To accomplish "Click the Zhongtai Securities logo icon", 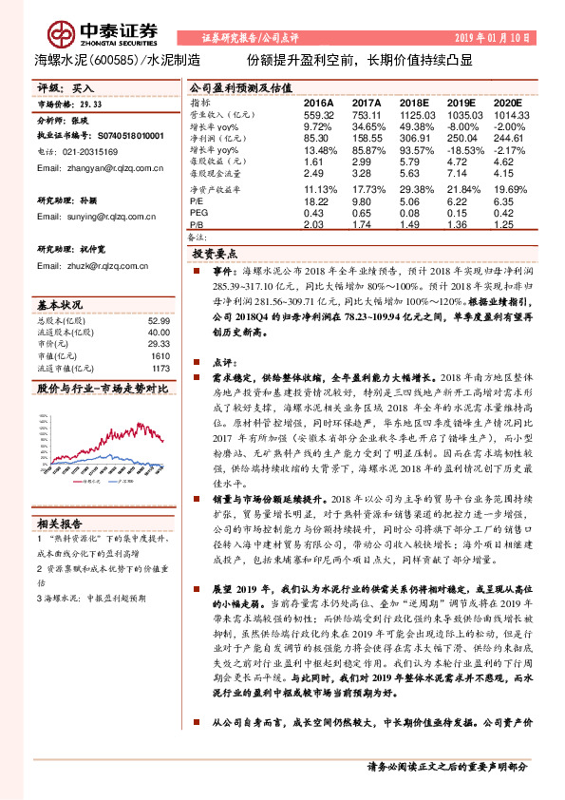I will [x=62, y=29].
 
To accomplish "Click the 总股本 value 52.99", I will [x=159, y=321].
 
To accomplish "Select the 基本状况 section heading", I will [x=60, y=306].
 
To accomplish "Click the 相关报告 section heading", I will [x=60, y=523].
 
